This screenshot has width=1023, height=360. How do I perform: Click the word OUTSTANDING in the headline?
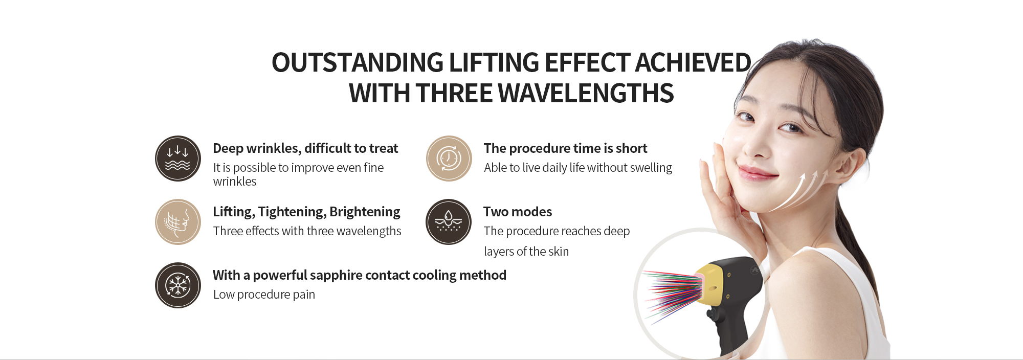pos(358,63)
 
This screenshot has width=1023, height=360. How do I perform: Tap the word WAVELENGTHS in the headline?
pos(586,94)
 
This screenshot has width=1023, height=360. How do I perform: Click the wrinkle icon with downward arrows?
pos(178,159)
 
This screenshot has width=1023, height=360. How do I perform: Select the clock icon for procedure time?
pos(449,159)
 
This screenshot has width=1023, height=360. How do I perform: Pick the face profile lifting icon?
pos(178,222)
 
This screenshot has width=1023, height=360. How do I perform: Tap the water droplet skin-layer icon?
pos(449,222)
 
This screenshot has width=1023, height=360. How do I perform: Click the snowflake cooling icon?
pos(178,285)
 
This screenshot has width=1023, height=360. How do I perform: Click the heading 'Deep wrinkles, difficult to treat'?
pos(305,148)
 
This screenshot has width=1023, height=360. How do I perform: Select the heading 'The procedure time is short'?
pos(565,148)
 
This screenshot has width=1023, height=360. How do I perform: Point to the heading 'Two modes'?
pos(518,212)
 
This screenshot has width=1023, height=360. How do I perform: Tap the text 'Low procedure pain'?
pos(264,295)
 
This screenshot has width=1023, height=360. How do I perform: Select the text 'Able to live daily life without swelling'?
pos(578,168)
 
